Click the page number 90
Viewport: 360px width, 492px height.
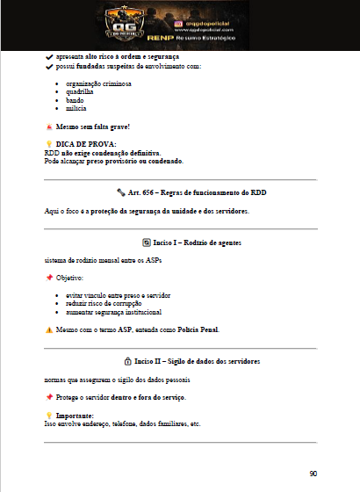[x=313, y=474]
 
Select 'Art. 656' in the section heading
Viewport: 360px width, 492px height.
[x=144, y=191]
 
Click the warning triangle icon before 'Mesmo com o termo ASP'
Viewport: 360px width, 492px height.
[x=49, y=330]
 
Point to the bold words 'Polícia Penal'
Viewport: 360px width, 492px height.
[x=198, y=330]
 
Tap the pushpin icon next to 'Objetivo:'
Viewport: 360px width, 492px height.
[x=49, y=277]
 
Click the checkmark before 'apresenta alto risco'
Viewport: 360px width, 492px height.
[x=48, y=55]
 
